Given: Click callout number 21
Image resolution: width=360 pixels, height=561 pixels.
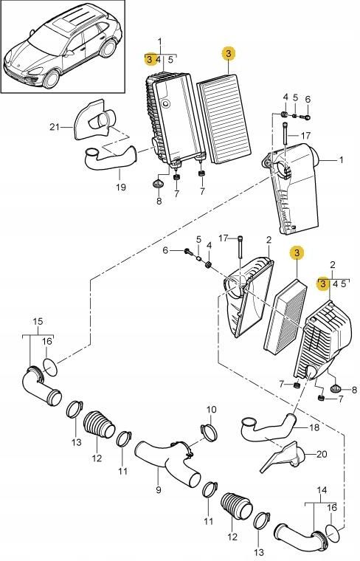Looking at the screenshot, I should coord(53,127).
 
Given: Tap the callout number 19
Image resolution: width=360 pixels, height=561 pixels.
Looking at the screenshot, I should coord(120,187).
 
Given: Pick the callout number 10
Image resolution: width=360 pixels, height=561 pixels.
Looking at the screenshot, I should coord(211,410).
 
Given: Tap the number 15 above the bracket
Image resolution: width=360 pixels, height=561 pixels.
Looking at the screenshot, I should coord(38,321).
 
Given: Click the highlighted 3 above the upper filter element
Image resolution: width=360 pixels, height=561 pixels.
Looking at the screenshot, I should coord(229,53).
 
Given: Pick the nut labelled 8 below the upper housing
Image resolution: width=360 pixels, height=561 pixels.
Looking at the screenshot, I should coord(158,182).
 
